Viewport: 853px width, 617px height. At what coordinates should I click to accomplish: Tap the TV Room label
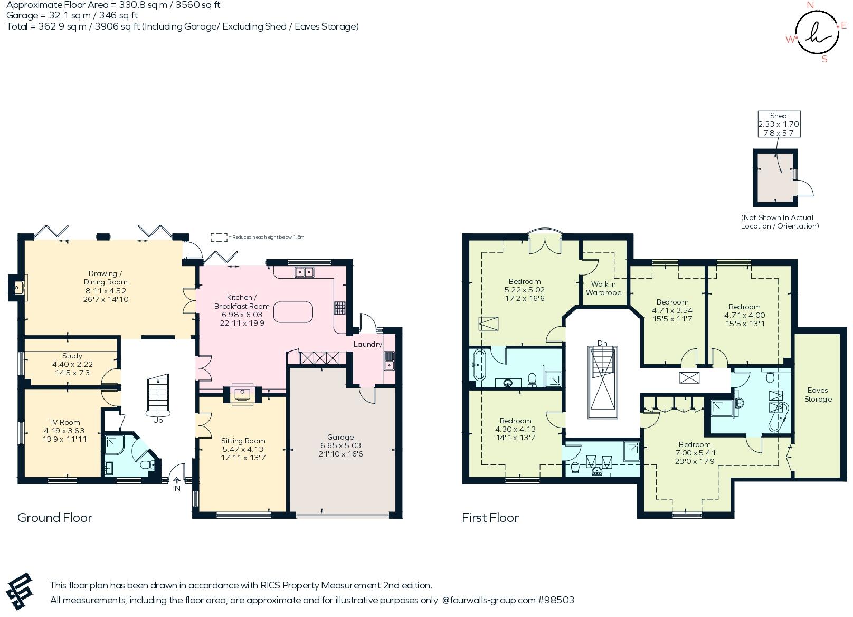[x=64, y=422]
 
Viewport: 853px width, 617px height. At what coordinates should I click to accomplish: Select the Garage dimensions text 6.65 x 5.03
[x=340, y=445]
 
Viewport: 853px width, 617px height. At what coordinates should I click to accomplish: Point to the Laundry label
[x=367, y=344]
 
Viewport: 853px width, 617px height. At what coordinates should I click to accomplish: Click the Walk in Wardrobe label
[x=603, y=288]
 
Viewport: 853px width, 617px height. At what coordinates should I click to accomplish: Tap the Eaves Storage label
[x=818, y=395]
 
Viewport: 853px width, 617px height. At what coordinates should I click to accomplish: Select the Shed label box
[x=779, y=124]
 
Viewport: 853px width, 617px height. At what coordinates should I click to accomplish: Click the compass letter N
[x=811, y=5]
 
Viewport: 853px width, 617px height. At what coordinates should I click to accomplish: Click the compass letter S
[x=824, y=59]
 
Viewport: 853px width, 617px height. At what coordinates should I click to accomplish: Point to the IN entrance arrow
[x=177, y=481]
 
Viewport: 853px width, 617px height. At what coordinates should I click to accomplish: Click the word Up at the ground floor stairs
[x=158, y=421]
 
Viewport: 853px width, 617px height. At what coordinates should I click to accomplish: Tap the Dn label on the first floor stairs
[x=602, y=344]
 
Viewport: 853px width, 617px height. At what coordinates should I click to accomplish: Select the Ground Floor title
[x=55, y=518]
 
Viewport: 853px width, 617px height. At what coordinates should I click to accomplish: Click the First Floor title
[x=490, y=518]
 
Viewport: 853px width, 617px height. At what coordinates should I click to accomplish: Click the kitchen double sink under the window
[x=304, y=272]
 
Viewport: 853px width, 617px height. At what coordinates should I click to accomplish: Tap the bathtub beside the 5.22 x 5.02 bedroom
[x=479, y=364]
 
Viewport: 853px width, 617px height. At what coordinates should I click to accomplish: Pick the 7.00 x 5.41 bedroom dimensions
[x=695, y=453]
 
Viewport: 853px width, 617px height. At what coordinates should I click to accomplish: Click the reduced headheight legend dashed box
[x=219, y=237]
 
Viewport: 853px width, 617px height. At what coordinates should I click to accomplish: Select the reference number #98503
[x=556, y=600]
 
